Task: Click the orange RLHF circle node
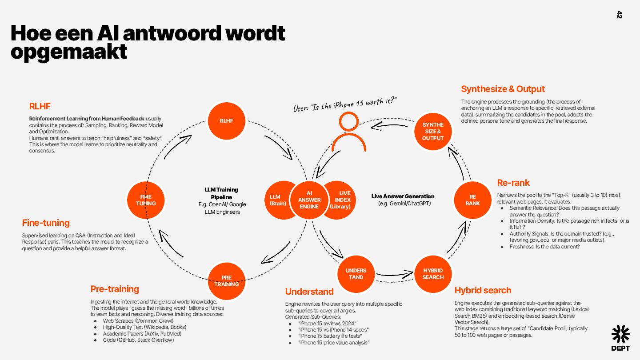pyautogui.click(x=226, y=120)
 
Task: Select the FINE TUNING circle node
pyautogui.click(x=146, y=200)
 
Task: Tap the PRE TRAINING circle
pyautogui.click(x=227, y=281)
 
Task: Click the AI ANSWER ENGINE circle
pyautogui.click(x=309, y=200)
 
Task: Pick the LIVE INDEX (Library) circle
pyautogui.click(x=342, y=200)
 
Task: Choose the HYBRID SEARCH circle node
pyautogui.click(x=433, y=274)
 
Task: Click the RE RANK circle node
pyautogui.click(x=472, y=200)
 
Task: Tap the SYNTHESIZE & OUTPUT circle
pyautogui.click(x=432, y=132)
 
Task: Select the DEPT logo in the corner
pyautogui.click(x=620, y=338)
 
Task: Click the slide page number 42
pyautogui.click(x=620, y=15)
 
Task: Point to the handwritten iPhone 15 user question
pyautogui.click(x=344, y=104)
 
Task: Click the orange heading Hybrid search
pyautogui.click(x=483, y=290)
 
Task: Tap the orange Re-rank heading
pyautogui.click(x=513, y=183)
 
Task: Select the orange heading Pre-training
pyautogui.click(x=115, y=289)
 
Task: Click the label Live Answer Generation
pyautogui.click(x=403, y=196)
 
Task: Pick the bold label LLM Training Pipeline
pyautogui.click(x=221, y=193)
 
